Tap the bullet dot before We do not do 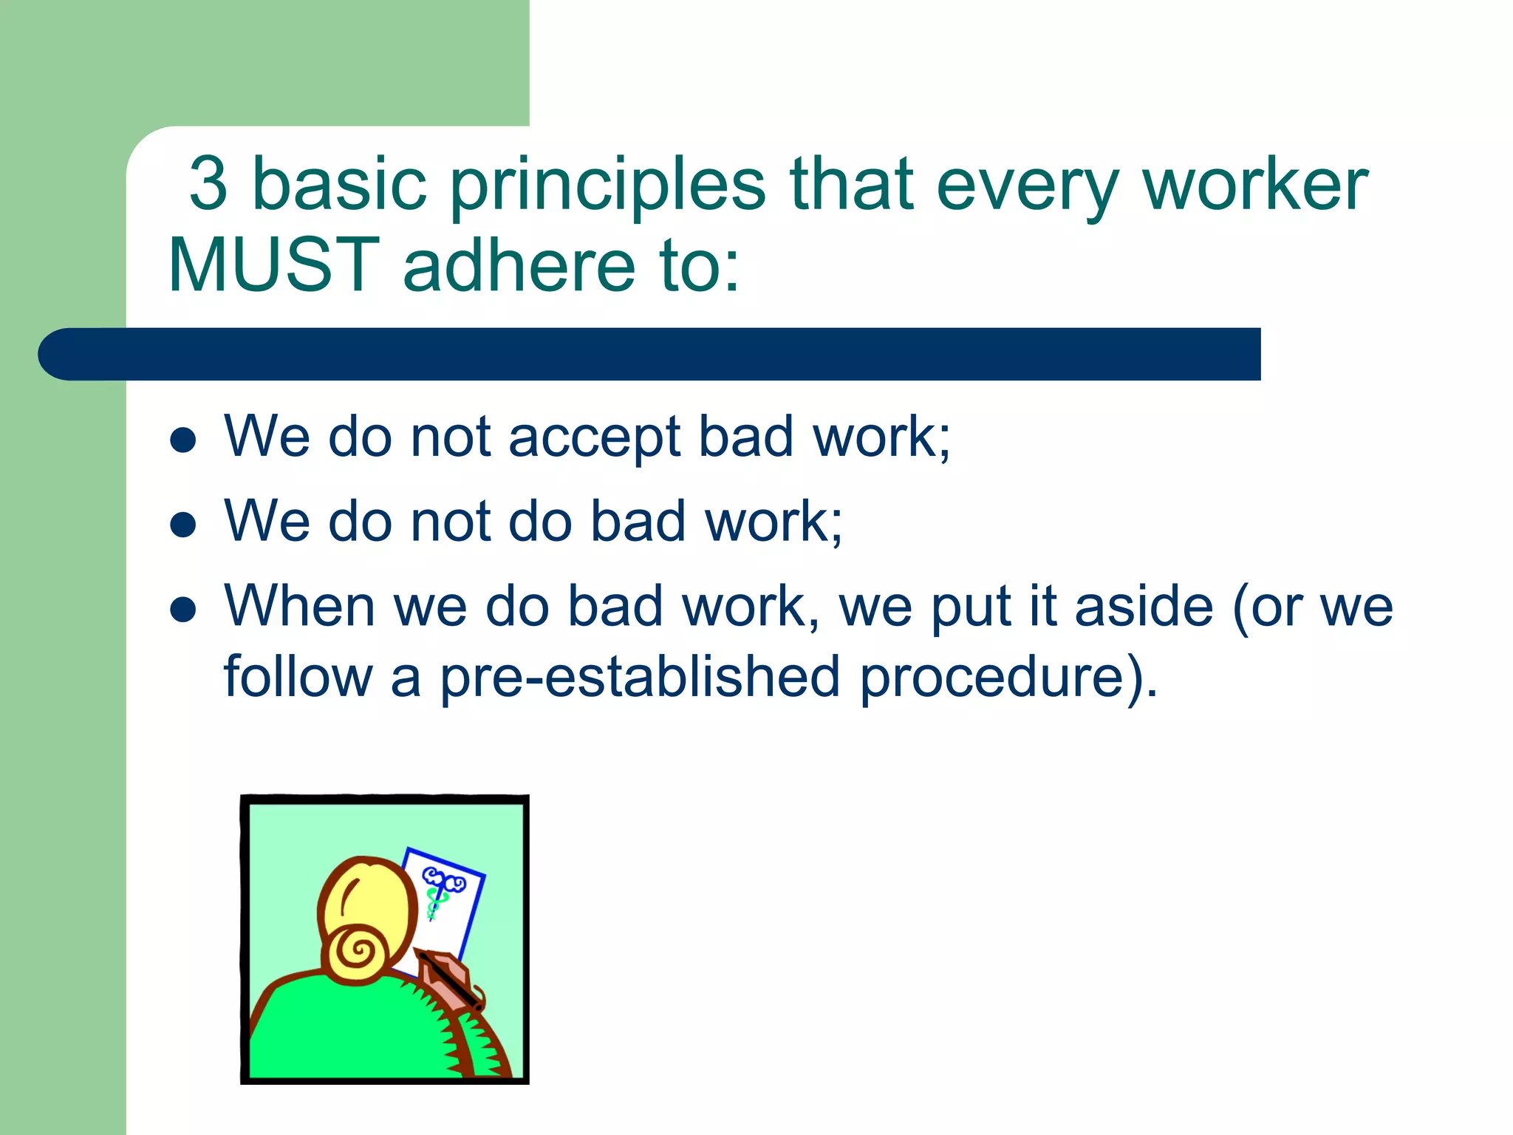coord(182,525)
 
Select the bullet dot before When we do coord(182,610)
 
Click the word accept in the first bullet coord(594,437)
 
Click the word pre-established coord(640,677)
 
